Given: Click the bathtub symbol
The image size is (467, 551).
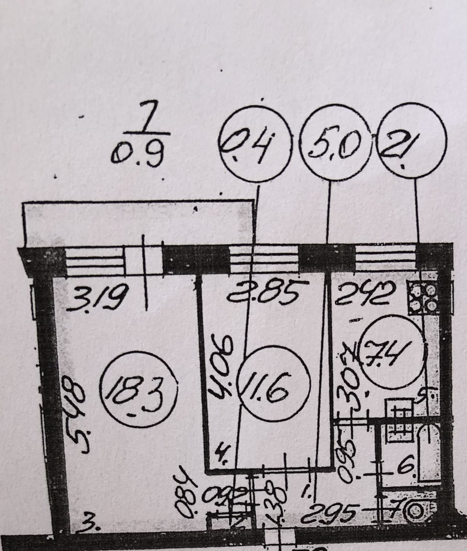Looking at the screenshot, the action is (x=428, y=451).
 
